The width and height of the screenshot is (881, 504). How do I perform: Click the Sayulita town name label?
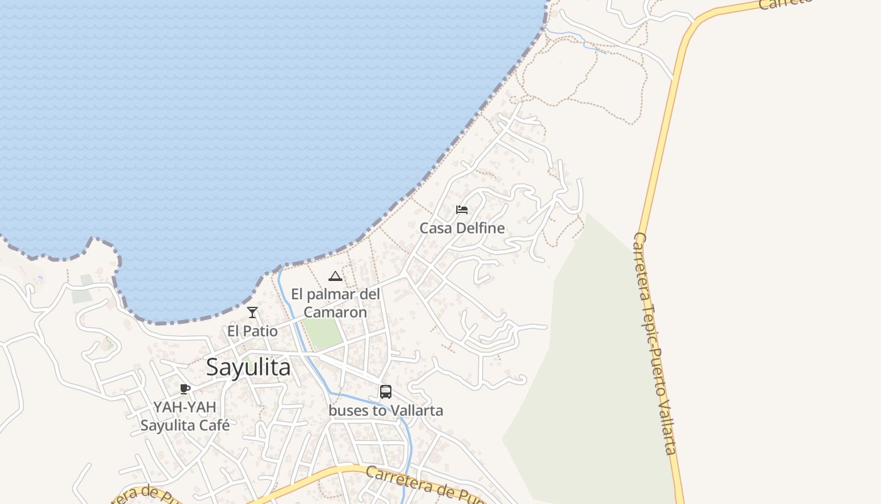coord(248,367)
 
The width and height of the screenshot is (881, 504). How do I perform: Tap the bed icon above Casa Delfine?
coord(462,210)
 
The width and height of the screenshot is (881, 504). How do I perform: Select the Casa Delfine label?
coord(462,228)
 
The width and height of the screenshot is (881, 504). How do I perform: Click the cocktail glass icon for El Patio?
coord(252,312)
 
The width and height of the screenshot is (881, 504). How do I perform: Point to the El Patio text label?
coord(252,331)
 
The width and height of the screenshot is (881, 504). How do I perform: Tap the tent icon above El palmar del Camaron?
coord(335,276)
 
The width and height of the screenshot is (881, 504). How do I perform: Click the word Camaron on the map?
coord(335,312)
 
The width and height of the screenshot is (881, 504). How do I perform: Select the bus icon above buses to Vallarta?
coord(386,392)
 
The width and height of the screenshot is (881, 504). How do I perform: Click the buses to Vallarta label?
coord(386,411)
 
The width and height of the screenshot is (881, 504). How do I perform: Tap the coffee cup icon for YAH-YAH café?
coord(184,389)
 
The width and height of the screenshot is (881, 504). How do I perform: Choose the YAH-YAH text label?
coord(184,407)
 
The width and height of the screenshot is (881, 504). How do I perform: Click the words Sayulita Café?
coord(184,425)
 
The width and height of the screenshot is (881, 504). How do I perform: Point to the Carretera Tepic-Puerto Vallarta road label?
coord(654,343)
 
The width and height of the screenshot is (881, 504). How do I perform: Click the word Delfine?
coord(482,228)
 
